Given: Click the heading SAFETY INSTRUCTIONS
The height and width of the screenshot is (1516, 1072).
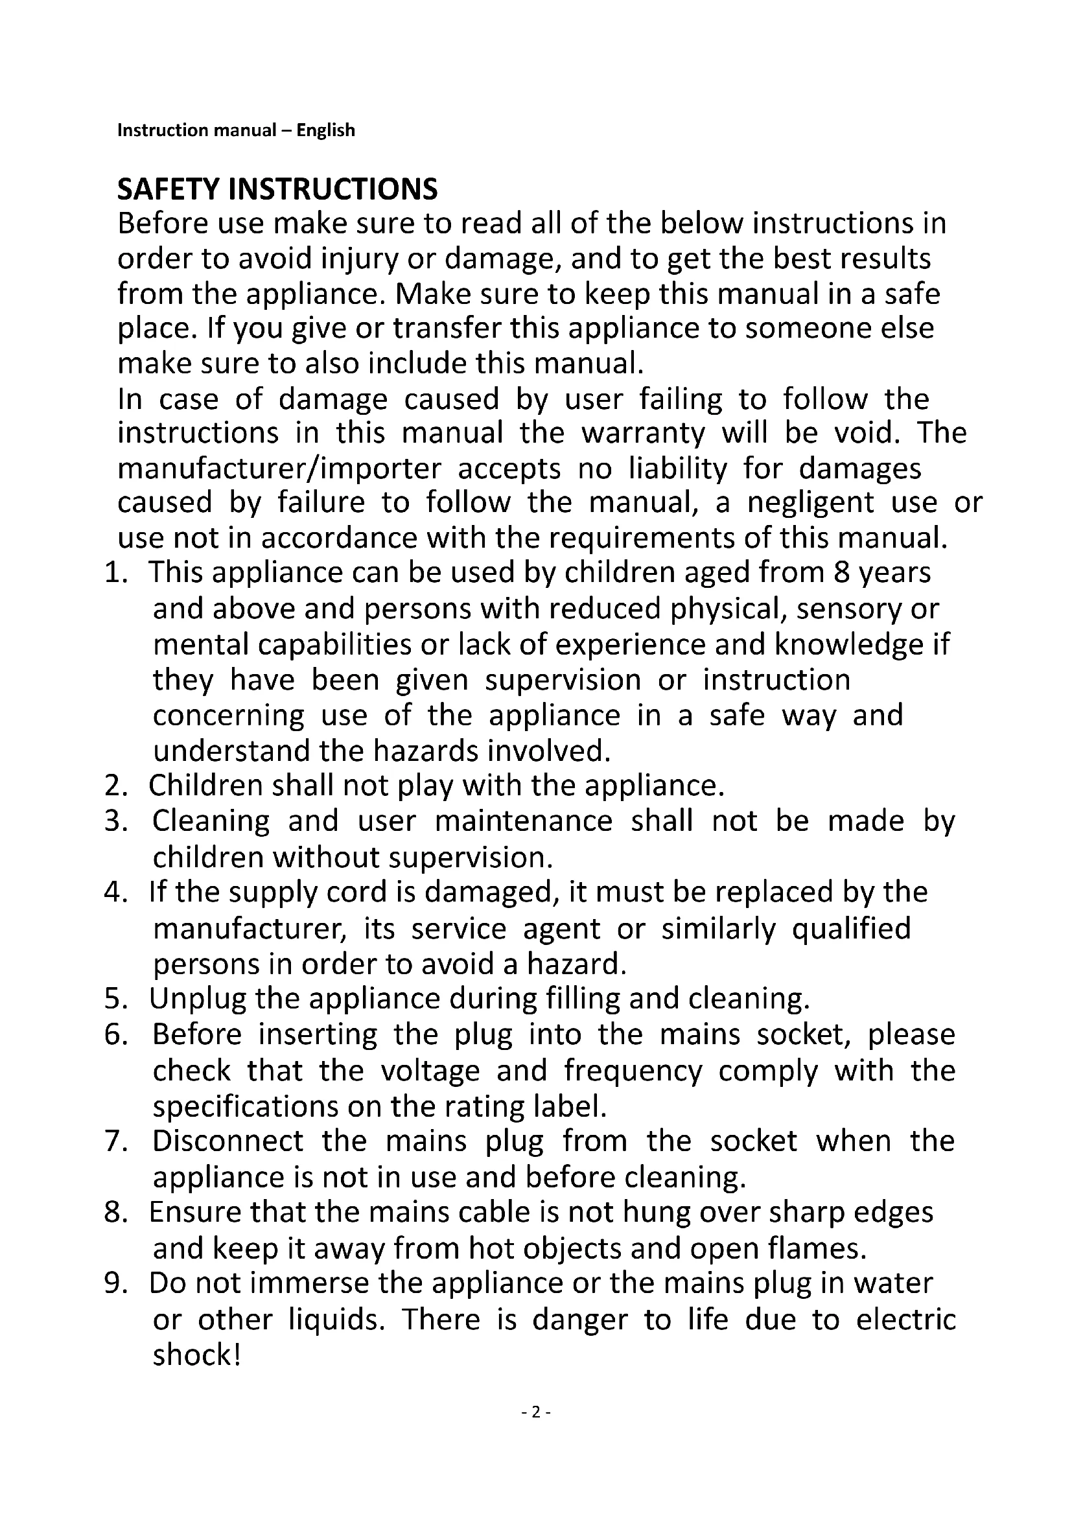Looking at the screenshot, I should (277, 189).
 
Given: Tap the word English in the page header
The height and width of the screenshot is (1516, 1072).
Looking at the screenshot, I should (325, 130).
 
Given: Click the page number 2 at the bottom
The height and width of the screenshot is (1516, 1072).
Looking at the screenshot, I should (536, 1412).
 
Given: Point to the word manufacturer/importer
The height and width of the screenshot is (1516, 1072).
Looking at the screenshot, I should (279, 469).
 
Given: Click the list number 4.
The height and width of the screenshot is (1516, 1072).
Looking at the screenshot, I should (115, 892).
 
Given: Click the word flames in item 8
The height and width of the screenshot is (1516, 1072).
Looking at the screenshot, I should (817, 1248).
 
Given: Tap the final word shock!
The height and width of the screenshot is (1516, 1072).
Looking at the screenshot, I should (197, 1355).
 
